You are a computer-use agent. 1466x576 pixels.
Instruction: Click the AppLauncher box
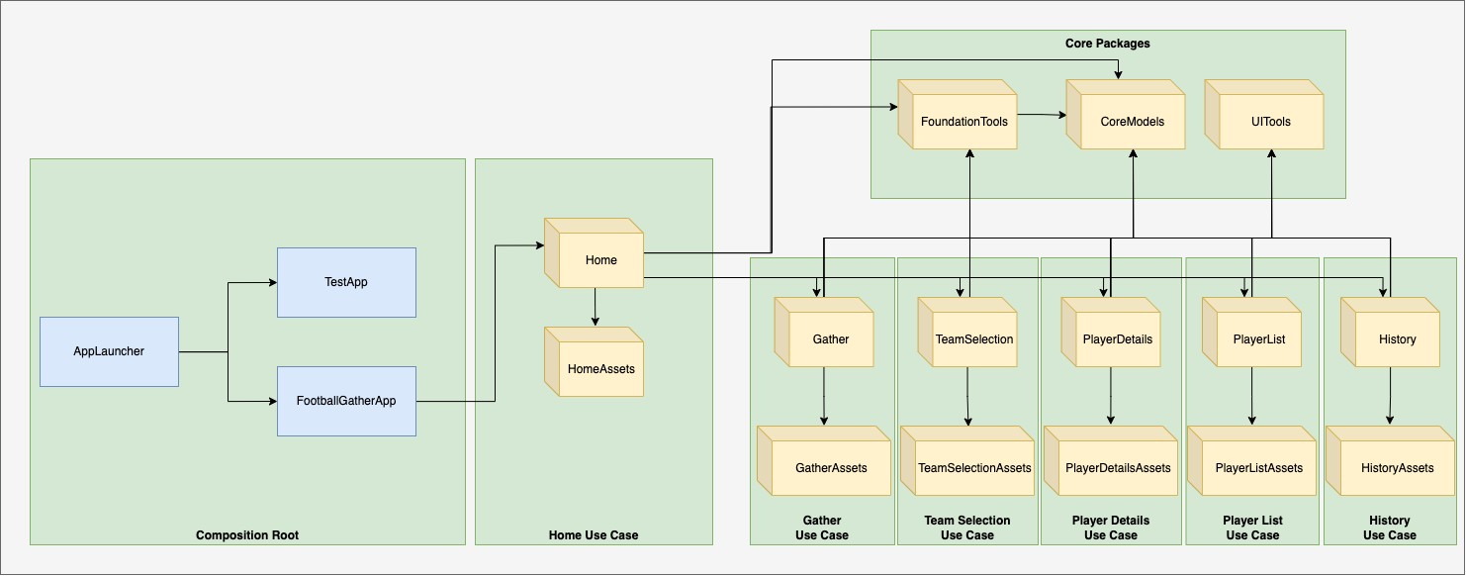109,351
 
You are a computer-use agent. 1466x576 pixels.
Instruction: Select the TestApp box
346,282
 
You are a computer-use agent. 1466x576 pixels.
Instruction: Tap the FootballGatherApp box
346,401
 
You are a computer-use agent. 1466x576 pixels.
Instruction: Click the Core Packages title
1107,44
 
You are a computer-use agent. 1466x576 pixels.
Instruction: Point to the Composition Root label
247,535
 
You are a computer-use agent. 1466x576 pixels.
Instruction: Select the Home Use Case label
594,535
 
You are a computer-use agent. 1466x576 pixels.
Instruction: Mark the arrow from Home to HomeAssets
595,307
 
